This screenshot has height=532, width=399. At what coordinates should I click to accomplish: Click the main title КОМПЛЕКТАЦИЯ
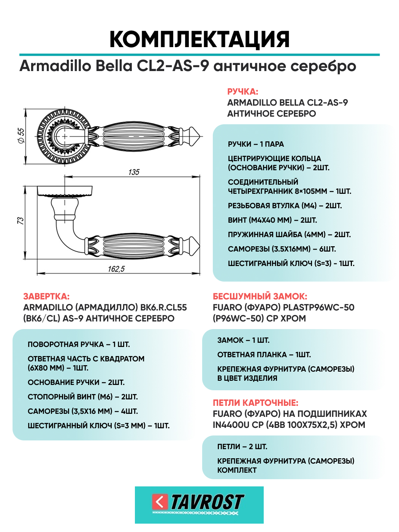pyautogui.click(x=199, y=39)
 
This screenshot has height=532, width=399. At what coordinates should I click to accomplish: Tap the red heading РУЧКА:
pyautogui.click(x=242, y=92)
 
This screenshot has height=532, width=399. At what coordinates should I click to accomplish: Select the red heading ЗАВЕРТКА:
pyautogui.click(x=46, y=296)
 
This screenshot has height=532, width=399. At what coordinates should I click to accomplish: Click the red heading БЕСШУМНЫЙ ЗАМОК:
pyautogui.click(x=260, y=296)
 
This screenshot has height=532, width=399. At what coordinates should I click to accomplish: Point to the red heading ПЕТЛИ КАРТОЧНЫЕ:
pyautogui.click(x=255, y=403)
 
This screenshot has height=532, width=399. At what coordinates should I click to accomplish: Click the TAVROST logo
pyautogui.click(x=199, y=504)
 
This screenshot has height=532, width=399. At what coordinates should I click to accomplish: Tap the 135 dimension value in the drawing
pyautogui.click(x=134, y=172)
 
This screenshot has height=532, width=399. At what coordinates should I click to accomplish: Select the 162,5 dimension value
pyautogui.click(x=116, y=269)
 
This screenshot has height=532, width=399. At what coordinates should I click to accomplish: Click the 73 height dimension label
pyautogui.click(x=21, y=221)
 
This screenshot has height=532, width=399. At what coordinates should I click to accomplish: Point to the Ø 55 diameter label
pyautogui.click(x=21, y=136)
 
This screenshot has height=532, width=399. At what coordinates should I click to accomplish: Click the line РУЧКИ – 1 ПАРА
pyautogui.click(x=256, y=144)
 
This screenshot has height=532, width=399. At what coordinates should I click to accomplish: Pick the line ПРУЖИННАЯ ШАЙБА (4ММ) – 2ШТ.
pyautogui.click(x=289, y=235)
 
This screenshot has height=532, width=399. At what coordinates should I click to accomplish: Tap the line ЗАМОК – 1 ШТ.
pyautogui.click(x=243, y=340)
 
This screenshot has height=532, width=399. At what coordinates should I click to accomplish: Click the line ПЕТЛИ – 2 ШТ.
pyautogui.click(x=242, y=447)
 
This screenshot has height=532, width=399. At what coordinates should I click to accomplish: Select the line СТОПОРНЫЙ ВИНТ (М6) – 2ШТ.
pyautogui.click(x=82, y=397)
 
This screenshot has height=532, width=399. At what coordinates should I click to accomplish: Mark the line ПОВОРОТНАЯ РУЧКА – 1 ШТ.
pyautogui.click(x=79, y=345)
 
